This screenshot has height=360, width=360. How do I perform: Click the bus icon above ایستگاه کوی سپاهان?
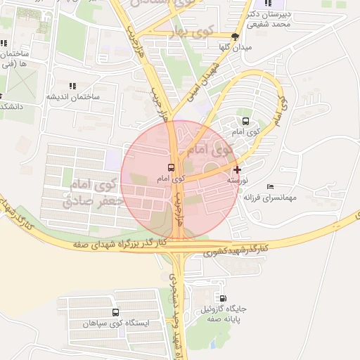[115, 312]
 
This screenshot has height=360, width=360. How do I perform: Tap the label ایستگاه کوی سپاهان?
[115, 323]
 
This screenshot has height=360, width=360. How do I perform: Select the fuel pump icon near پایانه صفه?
[224, 298]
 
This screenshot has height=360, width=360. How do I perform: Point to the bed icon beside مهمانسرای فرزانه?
[271, 186]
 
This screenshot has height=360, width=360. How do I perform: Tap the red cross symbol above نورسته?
[237, 169]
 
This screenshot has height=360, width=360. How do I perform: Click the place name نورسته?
[236, 180]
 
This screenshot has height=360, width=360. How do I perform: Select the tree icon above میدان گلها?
[235, 37]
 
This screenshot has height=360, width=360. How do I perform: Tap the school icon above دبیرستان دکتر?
[268, 4]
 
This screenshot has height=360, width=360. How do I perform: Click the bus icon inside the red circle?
[172, 168]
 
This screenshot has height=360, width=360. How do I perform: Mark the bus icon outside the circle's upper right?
[245, 121]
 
